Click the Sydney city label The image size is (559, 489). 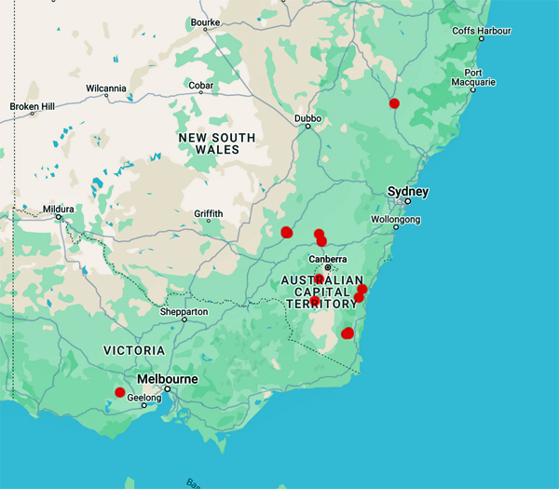(x=408, y=192)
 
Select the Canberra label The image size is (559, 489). (x=327, y=259)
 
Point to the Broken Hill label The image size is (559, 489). (x=32, y=105)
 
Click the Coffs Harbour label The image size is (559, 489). (x=482, y=31)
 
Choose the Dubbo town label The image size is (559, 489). (x=307, y=119)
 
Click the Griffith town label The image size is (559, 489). (x=209, y=213)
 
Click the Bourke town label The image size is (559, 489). (x=204, y=21)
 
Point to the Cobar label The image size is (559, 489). (x=201, y=86)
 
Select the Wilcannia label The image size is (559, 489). (x=105, y=88)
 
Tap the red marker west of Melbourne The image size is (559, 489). (x=119, y=392)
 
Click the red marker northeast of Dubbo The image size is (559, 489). (x=394, y=103)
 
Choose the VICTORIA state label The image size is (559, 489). (x=134, y=350)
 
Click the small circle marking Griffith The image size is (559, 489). (x=208, y=224)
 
